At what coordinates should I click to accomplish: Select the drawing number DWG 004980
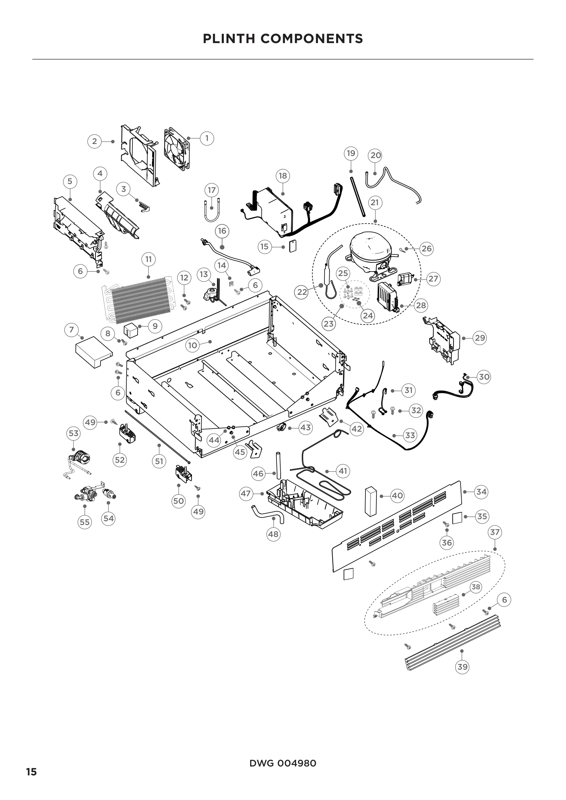283,763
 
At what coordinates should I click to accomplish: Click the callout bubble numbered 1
207,138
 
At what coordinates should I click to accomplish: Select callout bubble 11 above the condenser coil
149,259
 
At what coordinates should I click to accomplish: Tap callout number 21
375,202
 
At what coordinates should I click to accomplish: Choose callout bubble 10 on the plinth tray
193,345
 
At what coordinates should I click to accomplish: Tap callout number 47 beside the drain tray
246,494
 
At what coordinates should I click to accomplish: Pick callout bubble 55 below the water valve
85,522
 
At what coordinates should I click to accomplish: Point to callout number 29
480,338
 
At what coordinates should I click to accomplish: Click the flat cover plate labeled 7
93,352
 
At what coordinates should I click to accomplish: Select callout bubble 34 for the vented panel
481,491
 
